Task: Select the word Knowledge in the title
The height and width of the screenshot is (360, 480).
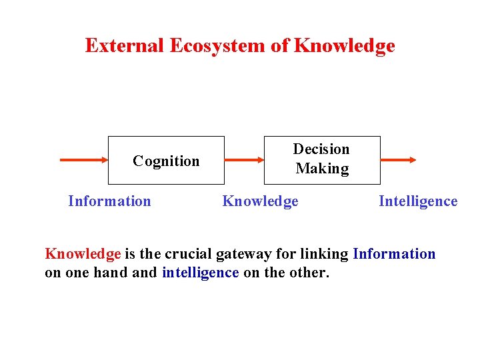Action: coord(344,46)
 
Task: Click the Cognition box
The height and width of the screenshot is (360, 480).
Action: coord(166,161)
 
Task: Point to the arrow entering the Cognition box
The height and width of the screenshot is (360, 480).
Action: coord(84,160)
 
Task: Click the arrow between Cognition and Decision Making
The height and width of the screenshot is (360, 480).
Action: coord(244,160)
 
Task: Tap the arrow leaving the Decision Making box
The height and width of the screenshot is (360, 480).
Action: coord(398,160)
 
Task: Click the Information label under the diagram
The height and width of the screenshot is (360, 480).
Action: coord(109,201)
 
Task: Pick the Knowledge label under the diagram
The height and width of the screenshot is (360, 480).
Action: coord(260,201)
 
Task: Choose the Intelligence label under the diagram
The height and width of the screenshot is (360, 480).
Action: coord(418,201)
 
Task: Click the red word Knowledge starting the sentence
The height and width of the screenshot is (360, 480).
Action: coord(83,254)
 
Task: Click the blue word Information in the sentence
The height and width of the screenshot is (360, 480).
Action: coord(394,254)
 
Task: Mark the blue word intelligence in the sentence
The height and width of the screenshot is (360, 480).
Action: coord(200,273)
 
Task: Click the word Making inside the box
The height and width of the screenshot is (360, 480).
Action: coord(322,169)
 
